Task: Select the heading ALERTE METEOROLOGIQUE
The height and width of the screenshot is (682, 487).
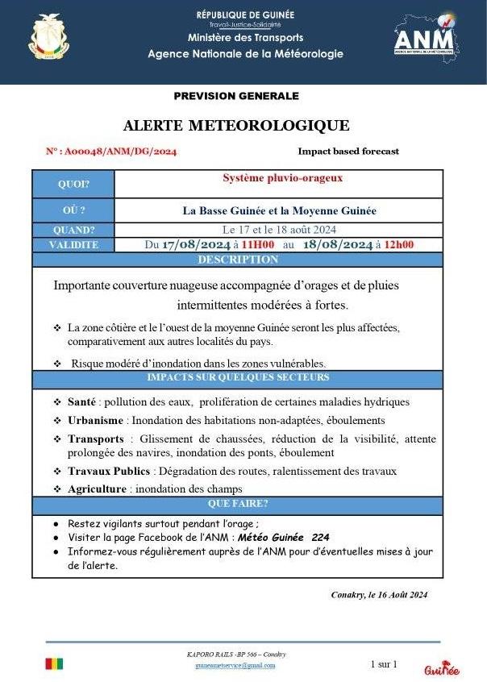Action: tap(236, 126)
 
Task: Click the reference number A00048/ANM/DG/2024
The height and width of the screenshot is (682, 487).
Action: tap(111, 152)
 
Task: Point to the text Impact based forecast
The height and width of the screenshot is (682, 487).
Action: tap(348, 152)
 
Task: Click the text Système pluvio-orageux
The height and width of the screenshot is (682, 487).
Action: tap(282, 177)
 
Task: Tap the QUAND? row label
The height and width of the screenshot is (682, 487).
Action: tap(73, 230)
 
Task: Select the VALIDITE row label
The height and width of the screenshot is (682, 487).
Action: tap(73, 244)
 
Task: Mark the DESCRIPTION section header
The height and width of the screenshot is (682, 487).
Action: tap(237, 260)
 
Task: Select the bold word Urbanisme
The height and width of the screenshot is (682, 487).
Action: tap(96, 420)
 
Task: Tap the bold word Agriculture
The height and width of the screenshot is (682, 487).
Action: tap(97, 489)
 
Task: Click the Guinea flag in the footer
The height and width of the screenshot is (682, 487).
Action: tap(54, 664)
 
